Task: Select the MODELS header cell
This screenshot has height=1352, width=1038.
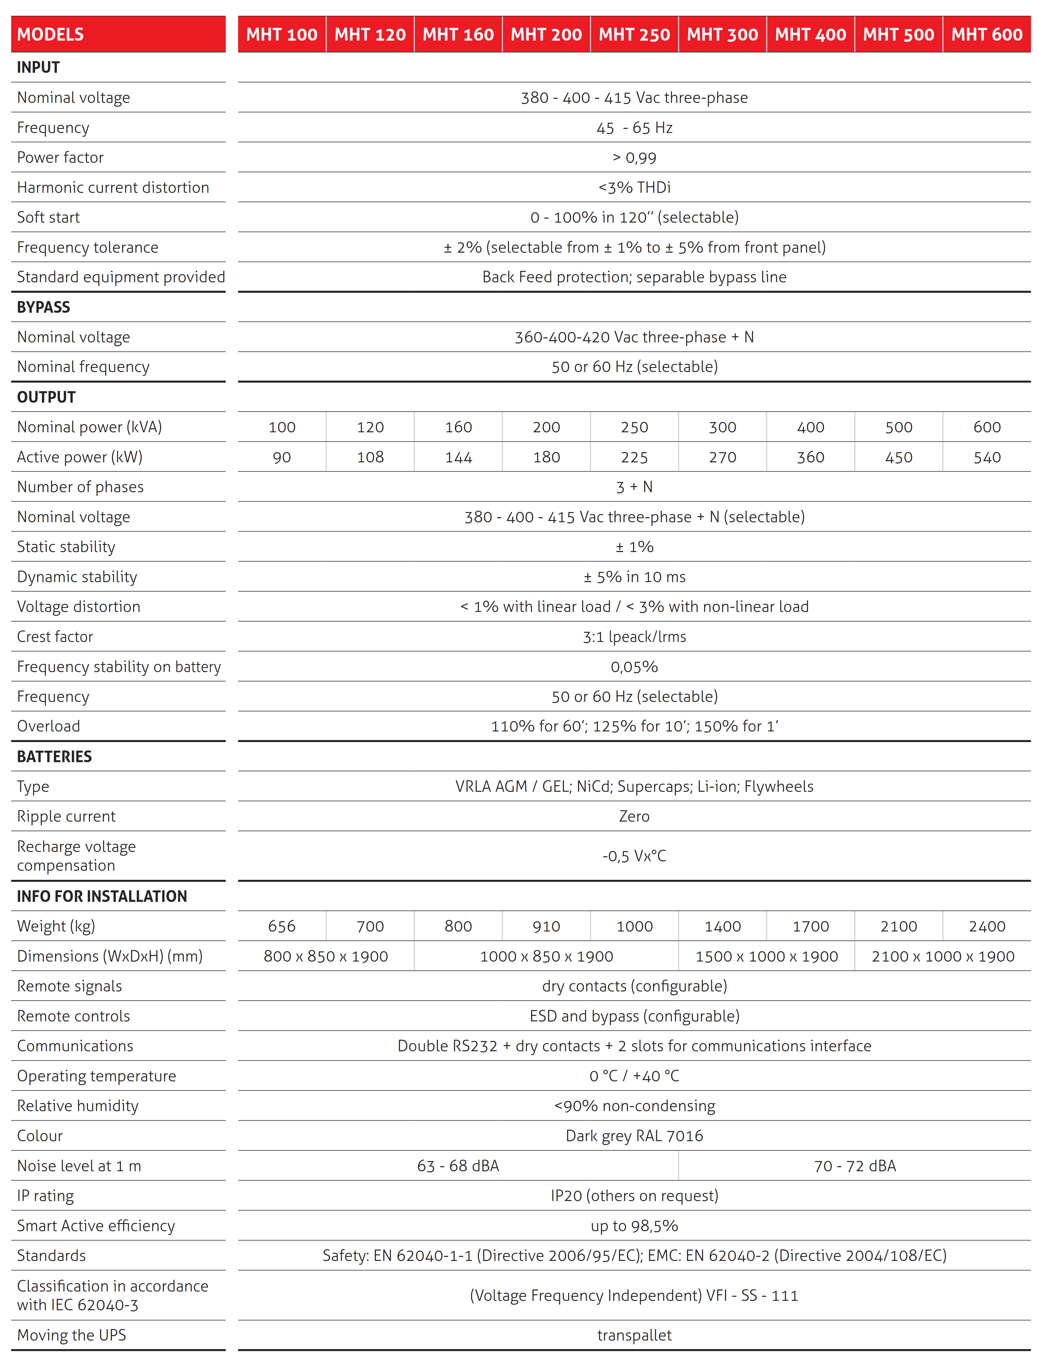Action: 51,35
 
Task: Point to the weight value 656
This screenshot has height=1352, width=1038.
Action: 282,926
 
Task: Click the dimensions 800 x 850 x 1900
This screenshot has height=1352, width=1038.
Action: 326,956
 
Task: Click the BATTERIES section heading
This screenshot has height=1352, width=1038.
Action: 54,757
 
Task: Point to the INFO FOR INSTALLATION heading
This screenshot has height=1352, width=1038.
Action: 102,896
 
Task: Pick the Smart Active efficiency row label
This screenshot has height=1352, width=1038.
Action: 96,1225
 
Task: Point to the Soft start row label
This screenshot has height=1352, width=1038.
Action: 48,217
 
